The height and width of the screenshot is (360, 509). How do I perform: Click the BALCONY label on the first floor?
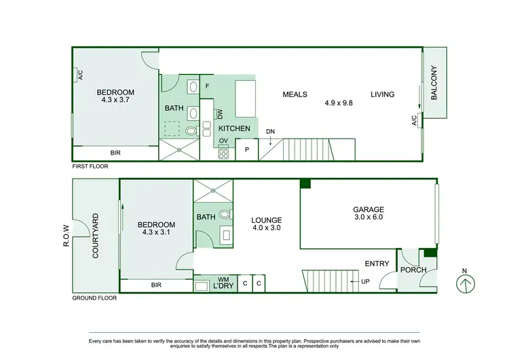435,84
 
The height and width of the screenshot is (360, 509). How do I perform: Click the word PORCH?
413,270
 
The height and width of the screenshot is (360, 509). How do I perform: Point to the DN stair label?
271,131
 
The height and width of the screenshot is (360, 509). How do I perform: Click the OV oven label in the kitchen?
223,141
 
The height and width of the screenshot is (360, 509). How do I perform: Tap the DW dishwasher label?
220,115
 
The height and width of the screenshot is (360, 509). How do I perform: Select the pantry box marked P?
246,149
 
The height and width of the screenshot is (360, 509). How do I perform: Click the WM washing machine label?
223,279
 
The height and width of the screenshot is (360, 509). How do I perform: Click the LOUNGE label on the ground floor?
266,220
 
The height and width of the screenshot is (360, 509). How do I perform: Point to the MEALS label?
295,94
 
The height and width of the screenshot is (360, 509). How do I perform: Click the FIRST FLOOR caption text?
90,166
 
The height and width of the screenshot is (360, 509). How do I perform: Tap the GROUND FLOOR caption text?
94,298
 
